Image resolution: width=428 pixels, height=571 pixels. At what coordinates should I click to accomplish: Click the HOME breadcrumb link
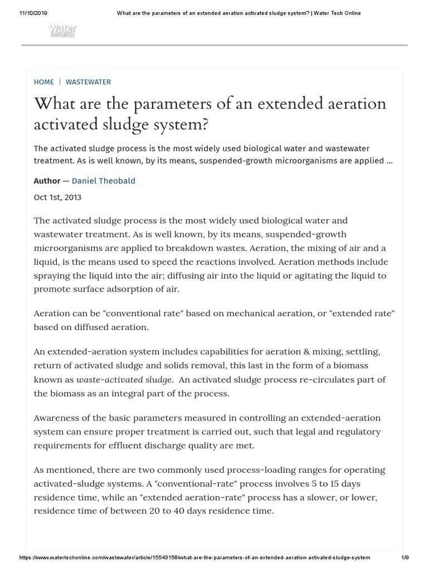click(x=44, y=82)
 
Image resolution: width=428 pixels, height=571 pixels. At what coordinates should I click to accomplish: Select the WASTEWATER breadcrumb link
click(x=88, y=82)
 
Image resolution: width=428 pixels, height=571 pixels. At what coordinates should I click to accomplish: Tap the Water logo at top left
click(x=62, y=30)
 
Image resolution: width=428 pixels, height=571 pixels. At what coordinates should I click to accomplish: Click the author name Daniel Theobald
click(x=103, y=181)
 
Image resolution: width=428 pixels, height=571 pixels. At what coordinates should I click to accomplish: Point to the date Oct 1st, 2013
click(x=57, y=197)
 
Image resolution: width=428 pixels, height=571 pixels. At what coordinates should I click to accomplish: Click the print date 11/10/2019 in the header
click(x=20, y=13)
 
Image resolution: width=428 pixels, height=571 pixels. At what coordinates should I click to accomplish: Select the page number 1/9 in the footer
click(x=405, y=558)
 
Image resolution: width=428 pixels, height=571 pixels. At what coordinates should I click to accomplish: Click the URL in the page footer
click(x=194, y=558)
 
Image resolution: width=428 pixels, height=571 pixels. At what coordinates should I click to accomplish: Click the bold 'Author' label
click(x=47, y=181)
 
